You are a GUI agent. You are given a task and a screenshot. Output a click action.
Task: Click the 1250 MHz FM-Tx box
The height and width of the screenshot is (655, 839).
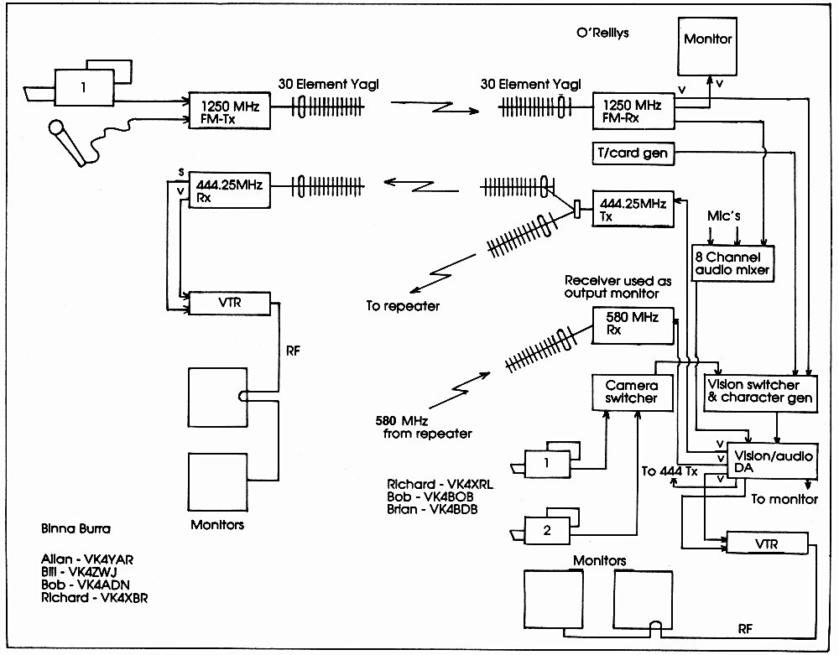[x=230, y=111]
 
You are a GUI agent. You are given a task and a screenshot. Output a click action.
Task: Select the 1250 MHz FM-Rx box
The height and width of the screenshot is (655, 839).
[x=633, y=111]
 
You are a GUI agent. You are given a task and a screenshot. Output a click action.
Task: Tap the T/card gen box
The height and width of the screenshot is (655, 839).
[x=633, y=153]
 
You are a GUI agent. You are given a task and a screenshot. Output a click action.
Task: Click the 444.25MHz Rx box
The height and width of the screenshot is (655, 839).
[x=230, y=190]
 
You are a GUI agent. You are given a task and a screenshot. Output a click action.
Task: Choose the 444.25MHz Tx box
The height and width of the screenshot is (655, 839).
[x=633, y=209]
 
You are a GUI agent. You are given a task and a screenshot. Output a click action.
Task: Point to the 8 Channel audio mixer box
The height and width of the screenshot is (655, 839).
[x=732, y=263]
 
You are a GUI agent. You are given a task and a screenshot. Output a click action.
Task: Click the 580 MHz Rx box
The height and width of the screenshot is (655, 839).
[x=633, y=325]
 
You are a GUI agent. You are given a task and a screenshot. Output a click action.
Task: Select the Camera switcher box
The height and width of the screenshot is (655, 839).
[x=633, y=392]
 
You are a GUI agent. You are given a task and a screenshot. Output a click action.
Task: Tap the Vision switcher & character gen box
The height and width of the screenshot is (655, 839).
[x=760, y=393]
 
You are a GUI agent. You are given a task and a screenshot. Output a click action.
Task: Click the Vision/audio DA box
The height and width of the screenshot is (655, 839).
[x=773, y=461]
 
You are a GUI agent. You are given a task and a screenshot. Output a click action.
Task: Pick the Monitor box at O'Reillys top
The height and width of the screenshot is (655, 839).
[x=707, y=46]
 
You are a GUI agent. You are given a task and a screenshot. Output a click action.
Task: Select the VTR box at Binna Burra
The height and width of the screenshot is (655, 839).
[x=230, y=304]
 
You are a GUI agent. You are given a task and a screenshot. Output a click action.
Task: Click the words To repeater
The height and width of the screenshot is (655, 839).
[x=403, y=306]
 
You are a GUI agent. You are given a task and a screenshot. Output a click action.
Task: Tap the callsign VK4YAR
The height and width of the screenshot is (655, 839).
[x=108, y=560]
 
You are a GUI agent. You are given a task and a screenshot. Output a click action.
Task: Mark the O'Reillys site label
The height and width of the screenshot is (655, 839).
[x=602, y=33]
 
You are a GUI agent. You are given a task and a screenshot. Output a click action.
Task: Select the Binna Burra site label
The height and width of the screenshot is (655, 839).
[x=76, y=529]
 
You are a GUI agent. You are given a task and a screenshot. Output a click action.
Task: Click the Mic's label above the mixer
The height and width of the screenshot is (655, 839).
[x=723, y=216]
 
